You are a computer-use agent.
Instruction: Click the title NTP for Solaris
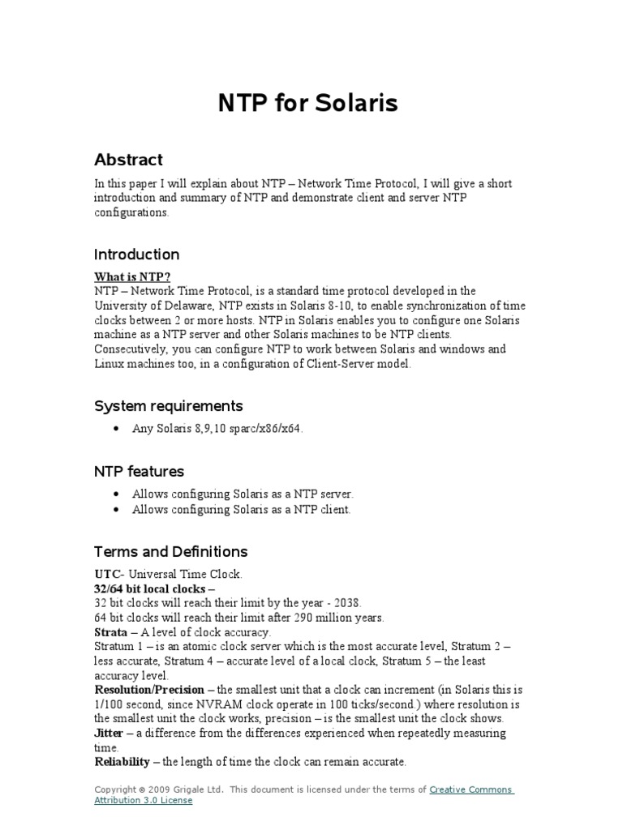[x=307, y=104]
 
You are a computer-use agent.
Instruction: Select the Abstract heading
[x=128, y=160]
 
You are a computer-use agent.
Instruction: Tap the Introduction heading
[x=136, y=254]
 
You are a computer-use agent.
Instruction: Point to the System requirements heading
[x=168, y=405]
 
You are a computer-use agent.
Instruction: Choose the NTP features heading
[x=139, y=471]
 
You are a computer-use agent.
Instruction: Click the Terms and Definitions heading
[x=170, y=551]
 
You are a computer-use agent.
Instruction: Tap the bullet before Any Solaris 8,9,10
[x=118, y=429]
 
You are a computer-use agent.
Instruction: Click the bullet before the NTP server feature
[x=118, y=494]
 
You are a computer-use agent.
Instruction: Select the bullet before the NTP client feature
[x=118, y=510]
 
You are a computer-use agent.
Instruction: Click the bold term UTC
[x=106, y=574]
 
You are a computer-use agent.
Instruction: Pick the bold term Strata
[x=111, y=631]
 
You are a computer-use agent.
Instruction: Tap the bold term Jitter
[x=109, y=733]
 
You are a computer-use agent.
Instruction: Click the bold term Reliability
[x=122, y=762]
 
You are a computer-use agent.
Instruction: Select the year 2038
[x=346, y=603]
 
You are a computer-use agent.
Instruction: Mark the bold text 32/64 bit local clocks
[x=150, y=588]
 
